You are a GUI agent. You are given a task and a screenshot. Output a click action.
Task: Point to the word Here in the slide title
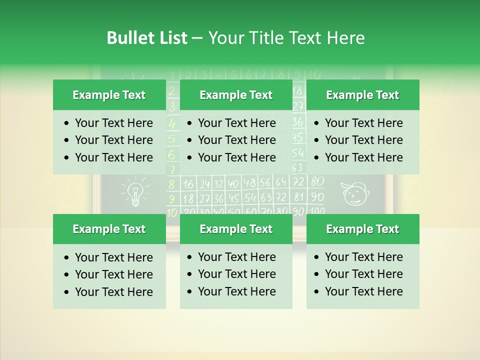pos(345,38)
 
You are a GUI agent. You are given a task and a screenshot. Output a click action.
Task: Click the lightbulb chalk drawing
pos(134,191)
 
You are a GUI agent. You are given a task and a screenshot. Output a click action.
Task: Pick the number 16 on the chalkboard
pos(188,184)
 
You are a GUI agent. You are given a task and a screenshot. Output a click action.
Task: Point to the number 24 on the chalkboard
pos(204,184)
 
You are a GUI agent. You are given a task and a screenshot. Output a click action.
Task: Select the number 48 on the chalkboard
pos(249,183)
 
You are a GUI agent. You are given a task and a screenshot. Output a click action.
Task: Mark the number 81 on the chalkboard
pos(298,196)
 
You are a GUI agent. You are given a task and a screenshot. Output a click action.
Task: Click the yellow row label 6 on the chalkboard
pos(171,154)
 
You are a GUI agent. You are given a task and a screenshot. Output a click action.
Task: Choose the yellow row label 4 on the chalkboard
pos(171,123)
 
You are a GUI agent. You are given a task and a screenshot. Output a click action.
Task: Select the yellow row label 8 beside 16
pos(171,184)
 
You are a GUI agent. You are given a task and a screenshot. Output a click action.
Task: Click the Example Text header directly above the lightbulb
pos(109,95)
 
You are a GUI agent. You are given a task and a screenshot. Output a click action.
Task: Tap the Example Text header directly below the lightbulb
pos(109,229)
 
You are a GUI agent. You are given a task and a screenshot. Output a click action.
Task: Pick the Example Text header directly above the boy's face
pos(362,95)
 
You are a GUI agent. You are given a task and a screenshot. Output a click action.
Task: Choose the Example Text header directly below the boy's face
pos(362,229)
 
